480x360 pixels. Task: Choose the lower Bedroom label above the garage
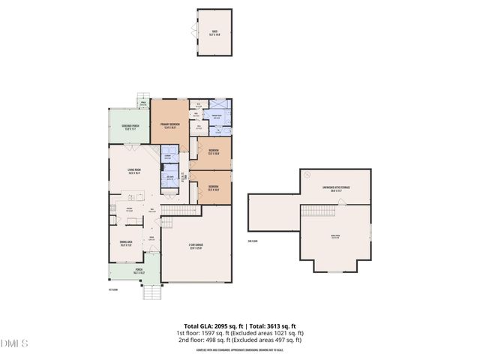(x=213, y=187)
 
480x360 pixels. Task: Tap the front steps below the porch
(x=151, y=292)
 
